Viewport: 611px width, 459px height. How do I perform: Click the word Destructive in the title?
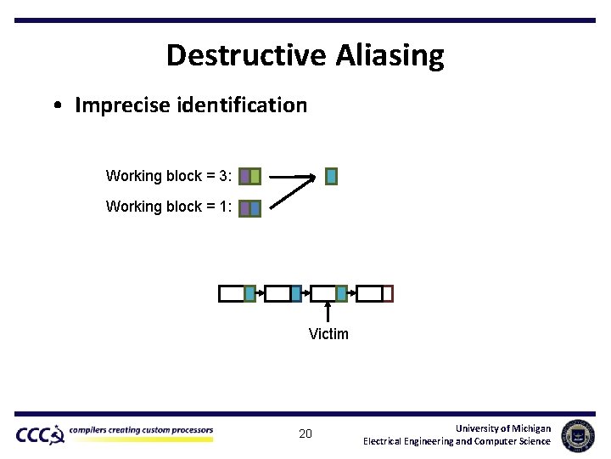pos(246,55)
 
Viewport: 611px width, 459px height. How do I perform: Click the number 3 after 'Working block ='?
pos(223,176)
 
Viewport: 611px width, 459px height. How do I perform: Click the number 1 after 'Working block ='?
pos(223,207)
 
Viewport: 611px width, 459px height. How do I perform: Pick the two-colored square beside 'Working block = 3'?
pos(249,177)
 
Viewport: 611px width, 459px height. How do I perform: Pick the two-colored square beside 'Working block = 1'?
pos(249,207)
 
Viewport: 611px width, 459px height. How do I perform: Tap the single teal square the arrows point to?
pos(331,176)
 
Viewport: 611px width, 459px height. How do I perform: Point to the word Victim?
pos(328,334)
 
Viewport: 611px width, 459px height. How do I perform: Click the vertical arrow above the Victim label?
pos(328,311)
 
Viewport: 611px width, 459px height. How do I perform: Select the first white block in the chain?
pos(231,294)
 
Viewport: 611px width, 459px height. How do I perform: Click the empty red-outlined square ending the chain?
pos(388,294)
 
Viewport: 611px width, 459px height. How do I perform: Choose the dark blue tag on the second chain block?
pos(295,294)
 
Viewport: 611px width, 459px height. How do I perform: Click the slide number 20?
pos(305,434)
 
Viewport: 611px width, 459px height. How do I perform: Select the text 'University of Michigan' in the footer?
pos(502,428)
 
